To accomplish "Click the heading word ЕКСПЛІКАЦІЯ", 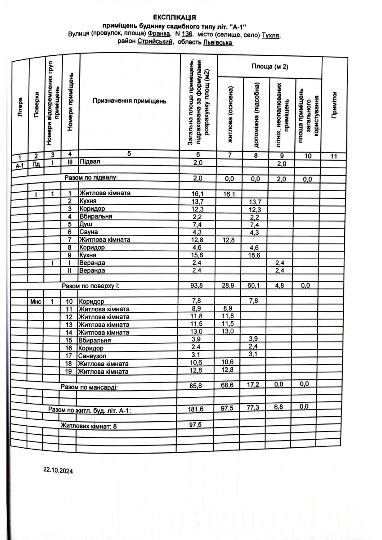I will (x=174, y=18).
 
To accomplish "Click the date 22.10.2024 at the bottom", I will (x=58, y=470).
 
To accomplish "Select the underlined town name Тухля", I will (x=271, y=34).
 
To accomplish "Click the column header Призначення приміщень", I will (x=129, y=101).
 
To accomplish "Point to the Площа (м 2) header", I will (x=270, y=67).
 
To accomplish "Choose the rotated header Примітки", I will (x=334, y=105).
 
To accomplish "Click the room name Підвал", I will (x=90, y=162).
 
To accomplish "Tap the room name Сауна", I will (x=89, y=232).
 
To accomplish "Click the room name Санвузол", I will (x=93, y=355).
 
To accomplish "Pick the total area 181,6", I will (x=198, y=409).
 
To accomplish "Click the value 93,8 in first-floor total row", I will (x=198, y=285).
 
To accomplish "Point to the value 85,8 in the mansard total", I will (x=198, y=386).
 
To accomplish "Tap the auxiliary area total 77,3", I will (x=256, y=408).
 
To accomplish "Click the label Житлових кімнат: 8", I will (x=89, y=425).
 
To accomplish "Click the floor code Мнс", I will (x=36, y=301).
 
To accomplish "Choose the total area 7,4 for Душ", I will (x=198, y=224).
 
